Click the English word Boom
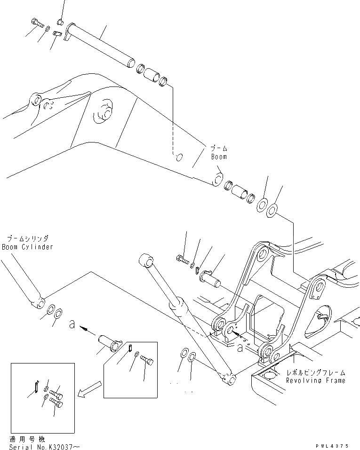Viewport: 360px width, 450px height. [x=219, y=157]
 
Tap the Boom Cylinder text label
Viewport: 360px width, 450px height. [x=27, y=246]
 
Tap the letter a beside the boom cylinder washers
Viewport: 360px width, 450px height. [x=72, y=324]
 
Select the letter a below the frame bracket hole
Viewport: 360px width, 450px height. [x=240, y=348]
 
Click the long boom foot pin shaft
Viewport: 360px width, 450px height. [x=101, y=46]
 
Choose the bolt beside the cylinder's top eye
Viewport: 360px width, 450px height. [x=182, y=258]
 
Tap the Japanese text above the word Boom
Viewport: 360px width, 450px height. [x=218, y=148]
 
